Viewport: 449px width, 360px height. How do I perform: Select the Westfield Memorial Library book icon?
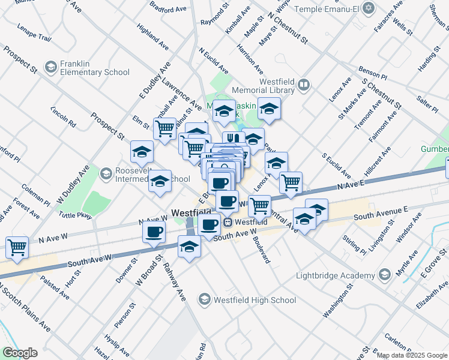point(304,86)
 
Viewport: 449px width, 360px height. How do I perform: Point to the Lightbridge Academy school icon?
point(384,275)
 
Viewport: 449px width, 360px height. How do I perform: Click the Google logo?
point(20,353)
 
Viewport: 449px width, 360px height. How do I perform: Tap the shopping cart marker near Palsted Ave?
point(17,246)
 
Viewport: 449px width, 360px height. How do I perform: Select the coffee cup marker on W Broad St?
point(154,231)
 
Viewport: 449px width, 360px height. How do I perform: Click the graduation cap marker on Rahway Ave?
point(190,246)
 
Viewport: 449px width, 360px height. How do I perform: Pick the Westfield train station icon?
point(228,222)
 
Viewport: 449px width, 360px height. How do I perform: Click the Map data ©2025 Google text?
point(412,355)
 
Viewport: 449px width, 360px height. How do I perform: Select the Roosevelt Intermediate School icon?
point(106,174)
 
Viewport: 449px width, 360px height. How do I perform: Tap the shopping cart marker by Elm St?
point(164,128)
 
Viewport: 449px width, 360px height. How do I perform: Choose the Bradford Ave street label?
point(169,10)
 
